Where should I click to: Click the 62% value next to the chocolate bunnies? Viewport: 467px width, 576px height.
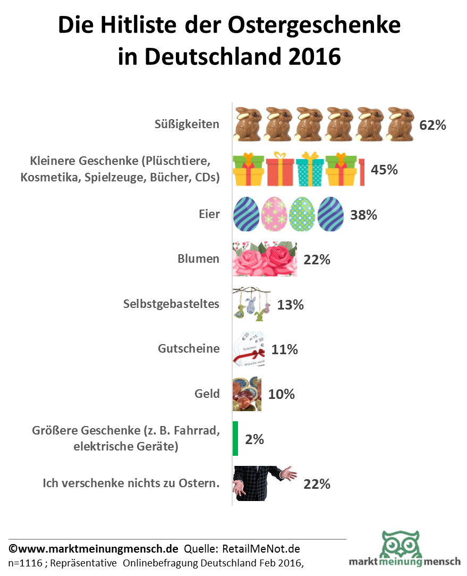432,126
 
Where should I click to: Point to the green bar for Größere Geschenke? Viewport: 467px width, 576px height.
235,439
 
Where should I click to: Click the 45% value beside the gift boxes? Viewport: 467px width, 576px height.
384,170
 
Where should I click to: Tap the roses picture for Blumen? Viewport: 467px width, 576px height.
265,259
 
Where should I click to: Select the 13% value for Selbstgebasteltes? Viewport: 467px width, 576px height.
290,305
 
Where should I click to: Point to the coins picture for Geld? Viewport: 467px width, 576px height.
247,394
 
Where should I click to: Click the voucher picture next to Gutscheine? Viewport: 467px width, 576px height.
250,349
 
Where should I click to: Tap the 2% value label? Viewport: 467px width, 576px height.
254,439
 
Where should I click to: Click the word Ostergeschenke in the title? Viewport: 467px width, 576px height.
314,25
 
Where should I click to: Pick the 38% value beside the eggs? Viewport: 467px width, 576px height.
363,215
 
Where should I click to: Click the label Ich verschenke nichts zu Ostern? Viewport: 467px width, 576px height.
131,483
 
